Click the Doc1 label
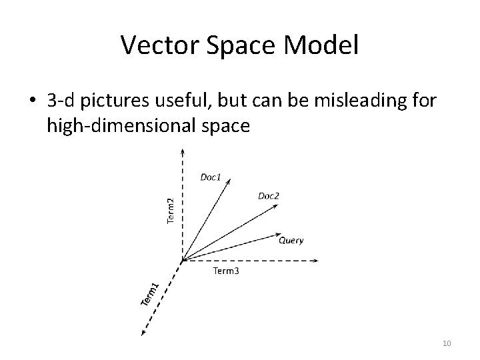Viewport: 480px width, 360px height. pyautogui.click(x=211, y=177)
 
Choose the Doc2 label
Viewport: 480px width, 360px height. pyautogui.click(x=268, y=195)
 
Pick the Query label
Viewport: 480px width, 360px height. pyautogui.click(x=291, y=240)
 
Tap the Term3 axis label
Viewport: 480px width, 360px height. pyautogui.click(x=226, y=271)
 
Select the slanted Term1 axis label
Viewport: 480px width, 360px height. pyautogui.click(x=150, y=294)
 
